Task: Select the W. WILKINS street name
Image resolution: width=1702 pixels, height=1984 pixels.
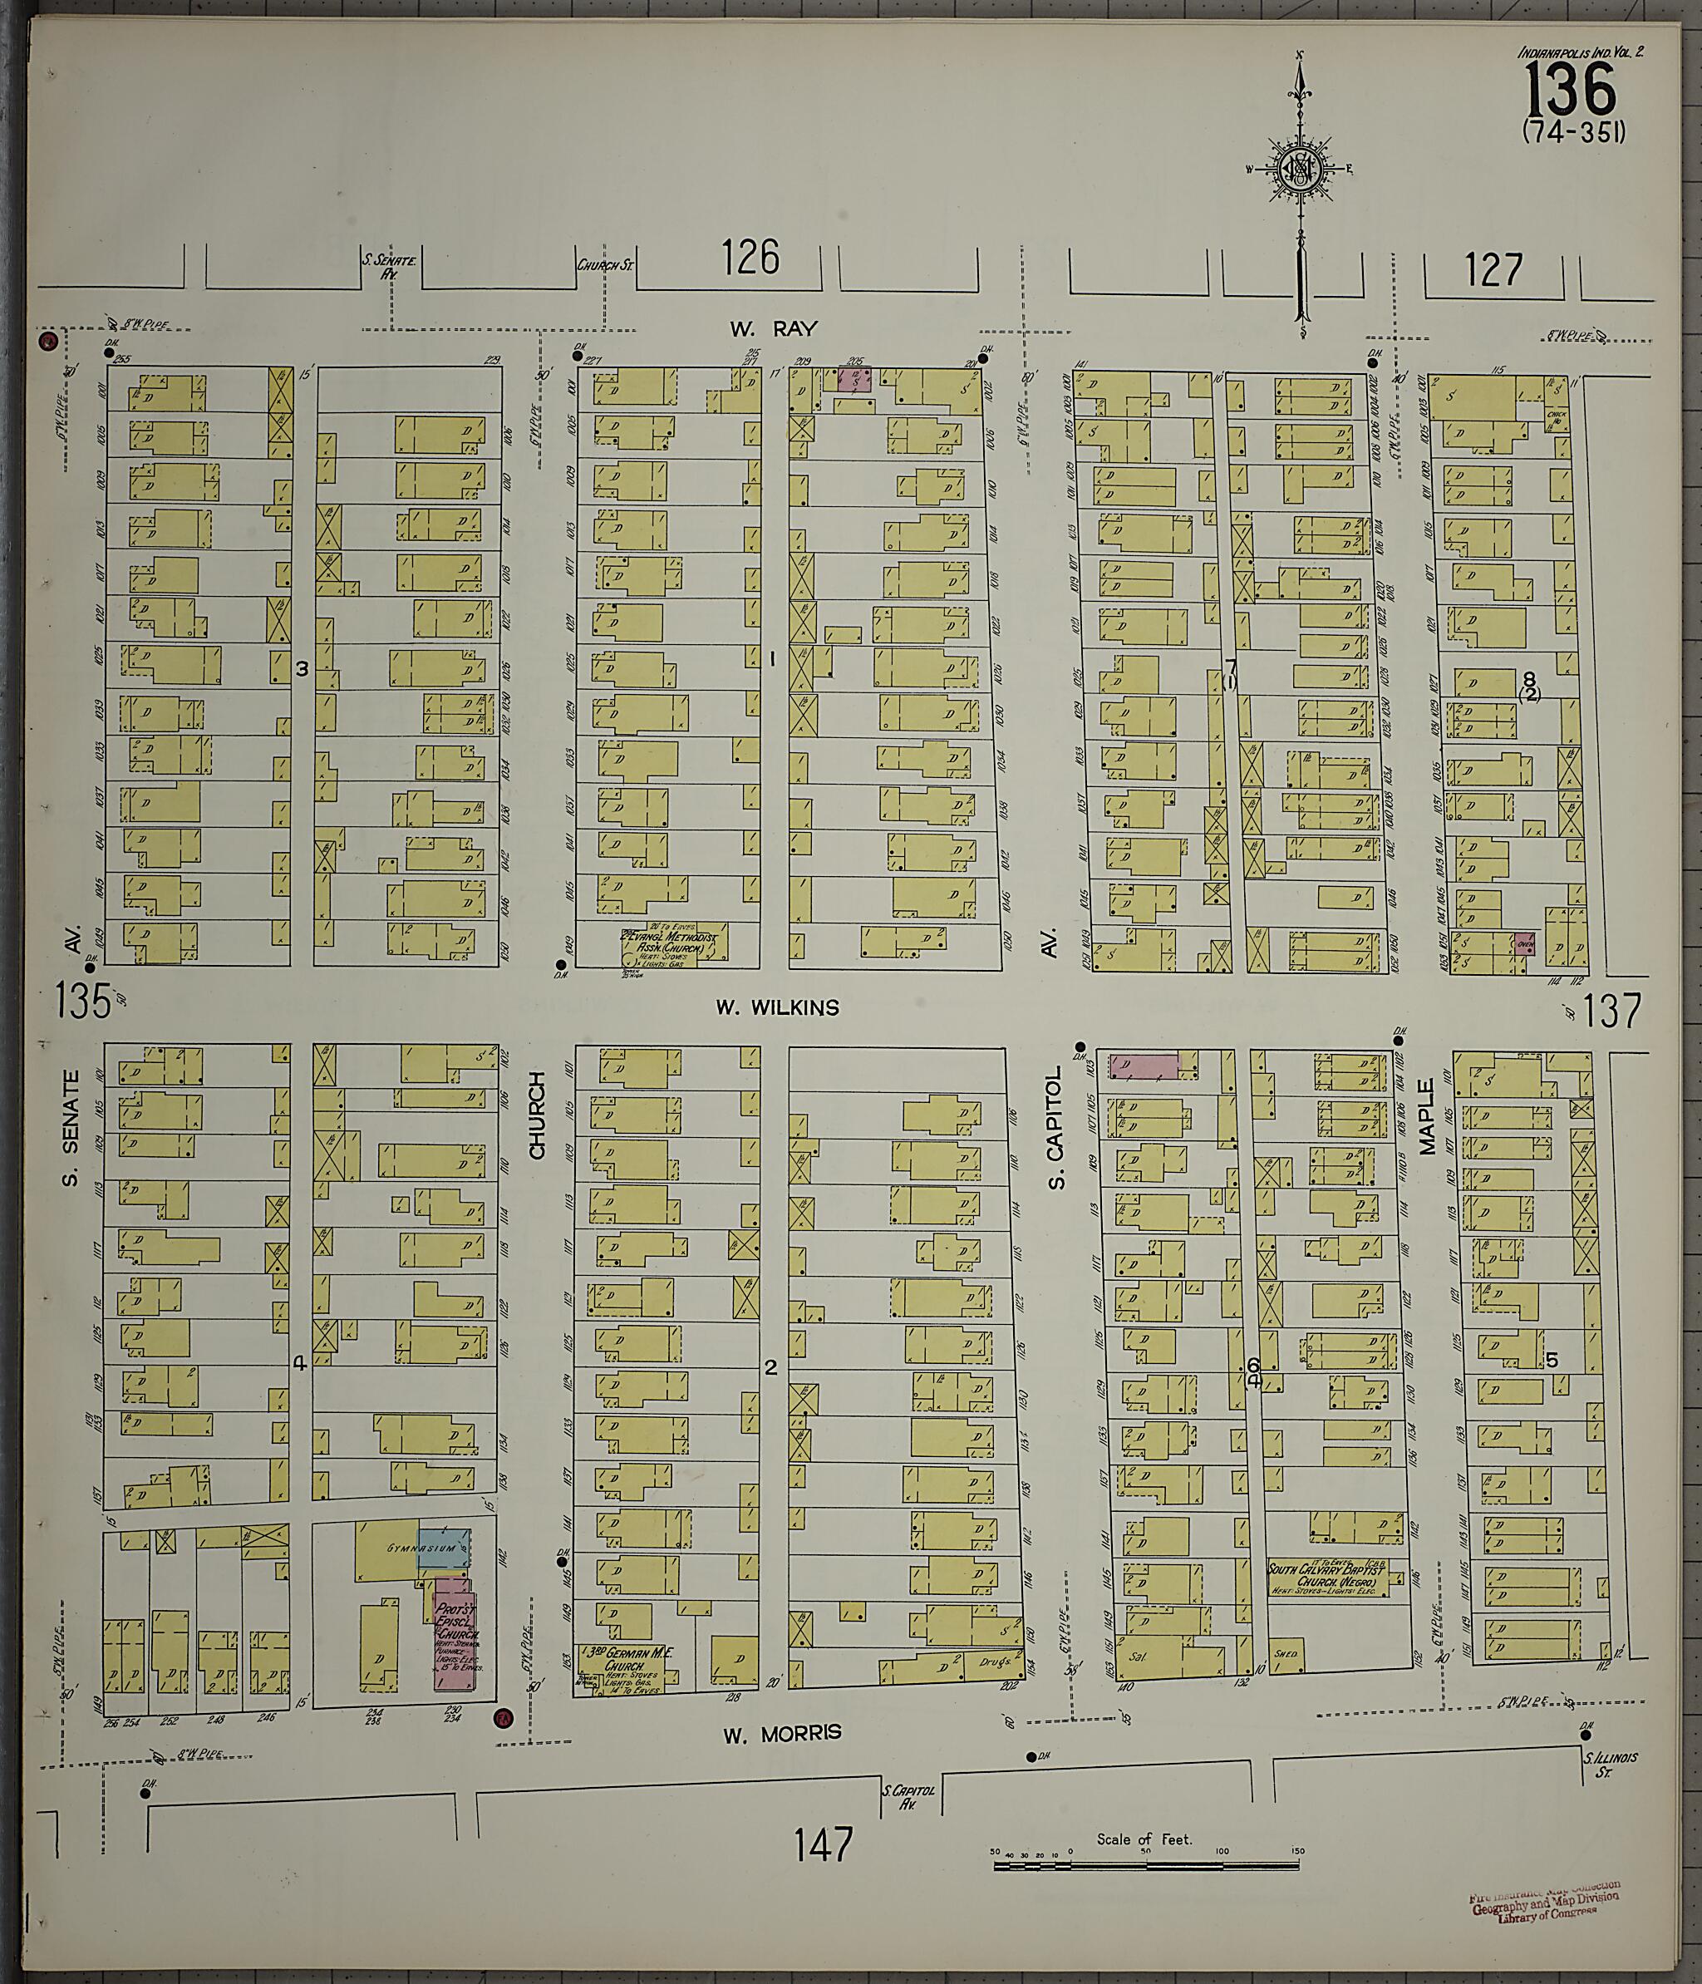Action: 777,1007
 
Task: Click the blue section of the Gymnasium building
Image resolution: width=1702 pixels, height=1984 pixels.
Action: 443,1548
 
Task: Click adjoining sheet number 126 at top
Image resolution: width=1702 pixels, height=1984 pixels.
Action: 750,258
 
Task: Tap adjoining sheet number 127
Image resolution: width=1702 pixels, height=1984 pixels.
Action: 1493,270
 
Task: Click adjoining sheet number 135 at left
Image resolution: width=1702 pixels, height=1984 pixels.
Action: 82,1002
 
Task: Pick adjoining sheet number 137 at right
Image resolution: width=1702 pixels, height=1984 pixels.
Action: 1612,1012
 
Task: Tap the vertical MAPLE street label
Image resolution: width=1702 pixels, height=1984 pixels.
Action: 1427,1116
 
